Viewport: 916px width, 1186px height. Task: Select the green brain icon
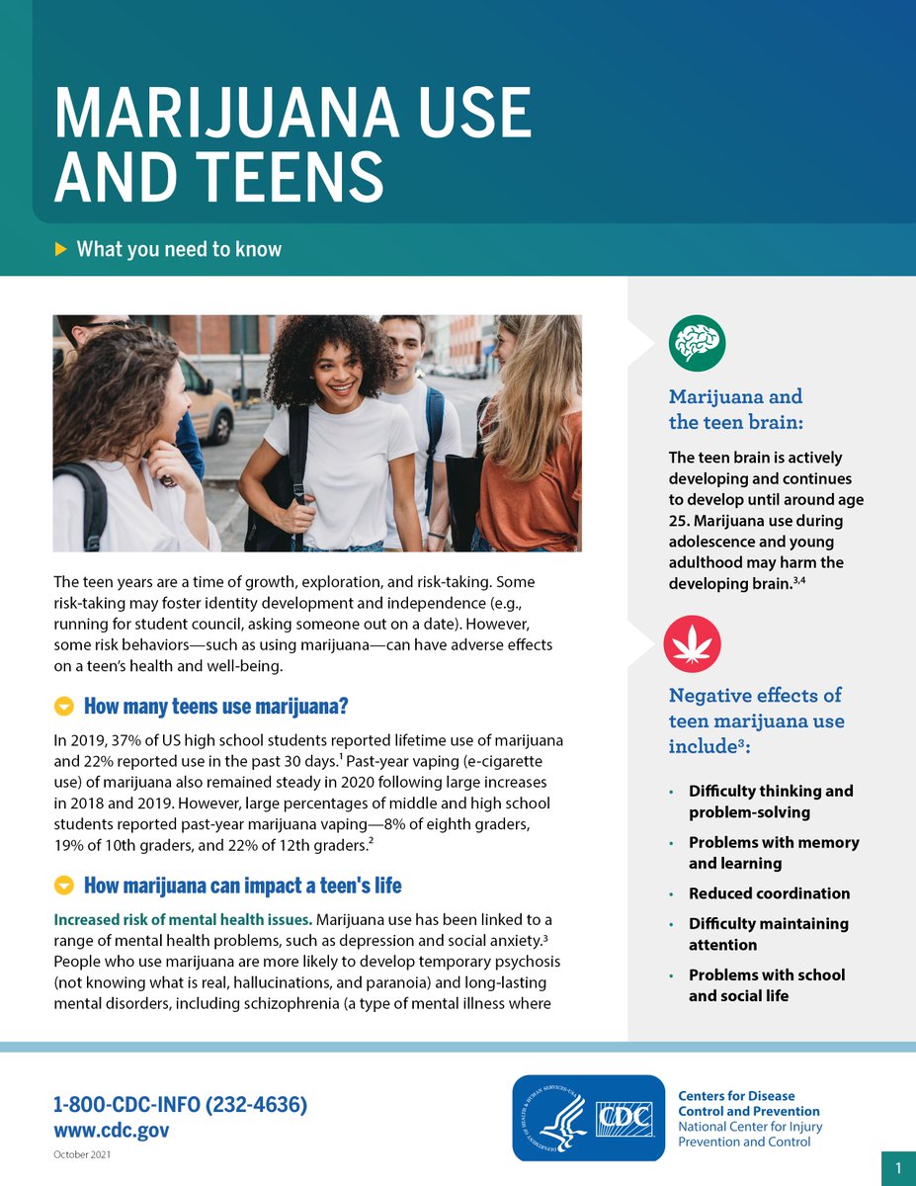pyautogui.click(x=697, y=343)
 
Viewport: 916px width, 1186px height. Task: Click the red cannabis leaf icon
pyautogui.click(x=692, y=643)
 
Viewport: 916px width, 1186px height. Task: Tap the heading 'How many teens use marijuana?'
pyautogui.click(x=215, y=707)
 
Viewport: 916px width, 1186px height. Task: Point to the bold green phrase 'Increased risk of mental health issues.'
pyautogui.click(x=183, y=920)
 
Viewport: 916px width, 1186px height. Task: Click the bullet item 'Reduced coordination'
pyautogui.click(x=769, y=893)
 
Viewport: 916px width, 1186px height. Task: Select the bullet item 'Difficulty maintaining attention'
pyautogui.click(x=768, y=934)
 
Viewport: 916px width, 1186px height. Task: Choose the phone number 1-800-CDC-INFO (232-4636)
pyautogui.click(x=180, y=1105)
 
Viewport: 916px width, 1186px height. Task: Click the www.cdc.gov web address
pyautogui.click(x=112, y=1130)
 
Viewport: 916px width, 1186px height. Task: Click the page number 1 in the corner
pyautogui.click(x=898, y=1169)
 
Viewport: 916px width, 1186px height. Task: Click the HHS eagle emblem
pyautogui.click(x=550, y=1118)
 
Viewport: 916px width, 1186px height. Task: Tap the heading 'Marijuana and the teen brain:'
pyautogui.click(x=735, y=409)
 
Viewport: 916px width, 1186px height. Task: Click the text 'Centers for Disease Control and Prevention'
pyautogui.click(x=748, y=1104)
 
